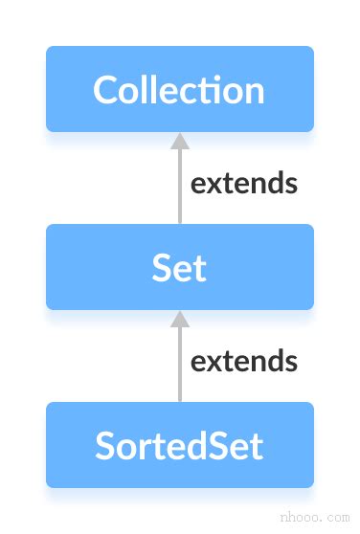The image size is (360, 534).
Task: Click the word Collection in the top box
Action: point(179,89)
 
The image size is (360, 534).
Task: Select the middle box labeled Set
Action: point(180,267)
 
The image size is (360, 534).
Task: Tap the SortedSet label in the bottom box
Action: point(179,445)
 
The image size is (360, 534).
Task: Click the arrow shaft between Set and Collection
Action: point(180,186)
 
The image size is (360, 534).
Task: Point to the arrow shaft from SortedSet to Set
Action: point(180,364)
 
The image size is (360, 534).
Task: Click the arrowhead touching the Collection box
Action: point(180,141)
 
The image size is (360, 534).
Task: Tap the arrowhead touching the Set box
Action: point(180,319)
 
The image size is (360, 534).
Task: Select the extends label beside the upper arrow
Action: point(244,183)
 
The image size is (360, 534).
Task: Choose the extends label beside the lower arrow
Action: point(244,361)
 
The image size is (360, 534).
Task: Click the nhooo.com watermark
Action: point(315,518)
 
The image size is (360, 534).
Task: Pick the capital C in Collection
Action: point(104,90)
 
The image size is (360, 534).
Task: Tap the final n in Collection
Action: point(256,94)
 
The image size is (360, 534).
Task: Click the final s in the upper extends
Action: point(291,186)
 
